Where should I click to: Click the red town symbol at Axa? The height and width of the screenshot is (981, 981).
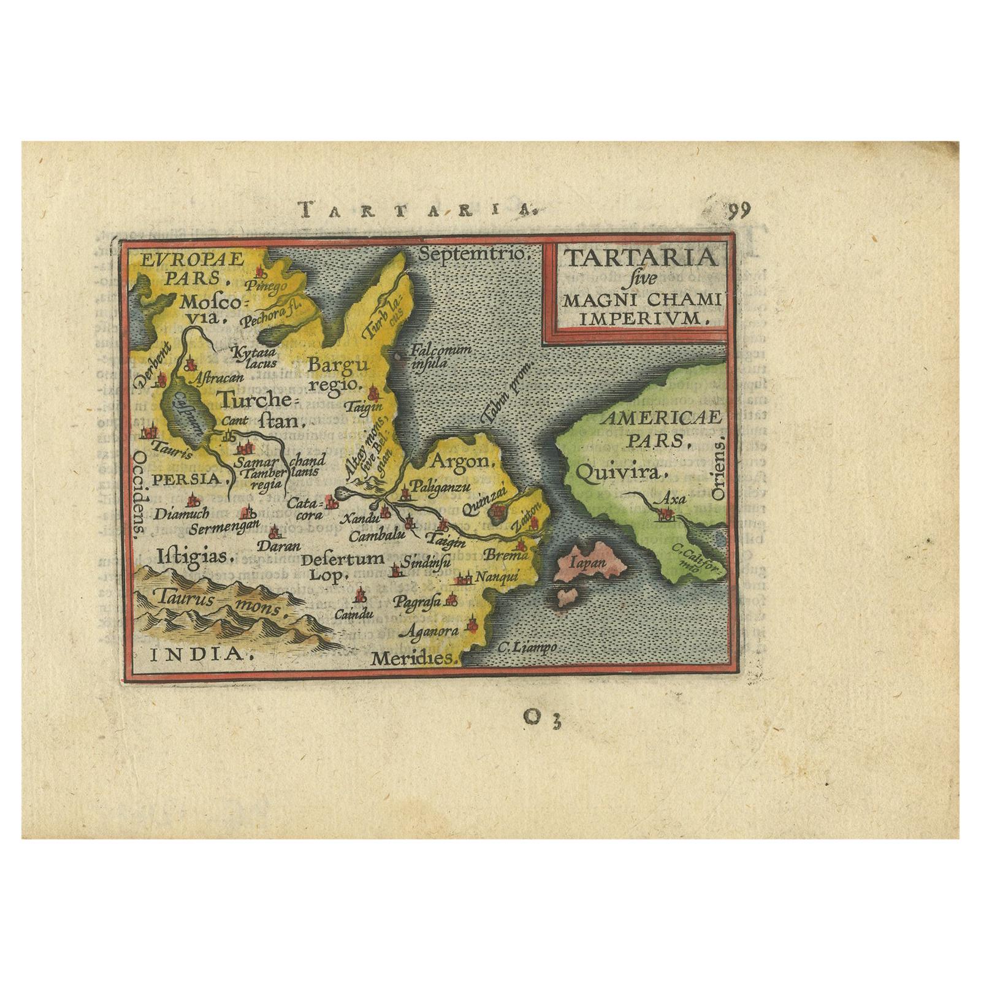663,516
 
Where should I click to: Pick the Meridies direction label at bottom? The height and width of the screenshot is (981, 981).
415,659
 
